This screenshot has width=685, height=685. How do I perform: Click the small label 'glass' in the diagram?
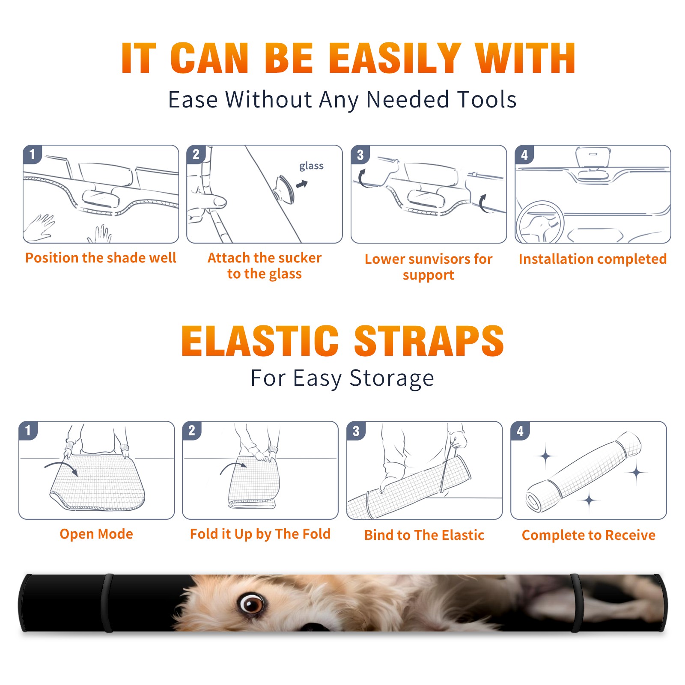(x=311, y=166)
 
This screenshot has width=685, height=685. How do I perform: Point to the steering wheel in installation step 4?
(x=540, y=222)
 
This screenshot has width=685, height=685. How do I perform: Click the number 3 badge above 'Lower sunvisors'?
(x=360, y=155)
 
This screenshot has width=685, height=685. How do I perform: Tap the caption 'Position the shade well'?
(x=101, y=258)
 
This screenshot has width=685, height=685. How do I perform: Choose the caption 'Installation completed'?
(x=593, y=259)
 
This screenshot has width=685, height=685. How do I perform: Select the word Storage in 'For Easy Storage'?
(x=392, y=378)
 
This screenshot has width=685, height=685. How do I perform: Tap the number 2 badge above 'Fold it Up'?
(x=191, y=431)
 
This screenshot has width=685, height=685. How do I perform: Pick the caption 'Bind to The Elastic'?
(x=424, y=535)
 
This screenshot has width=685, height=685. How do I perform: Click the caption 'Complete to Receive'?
(x=589, y=535)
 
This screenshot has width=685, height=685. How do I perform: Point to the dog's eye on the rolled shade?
(x=252, y=604)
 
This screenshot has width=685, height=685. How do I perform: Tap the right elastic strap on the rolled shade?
(x=576, y=603)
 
